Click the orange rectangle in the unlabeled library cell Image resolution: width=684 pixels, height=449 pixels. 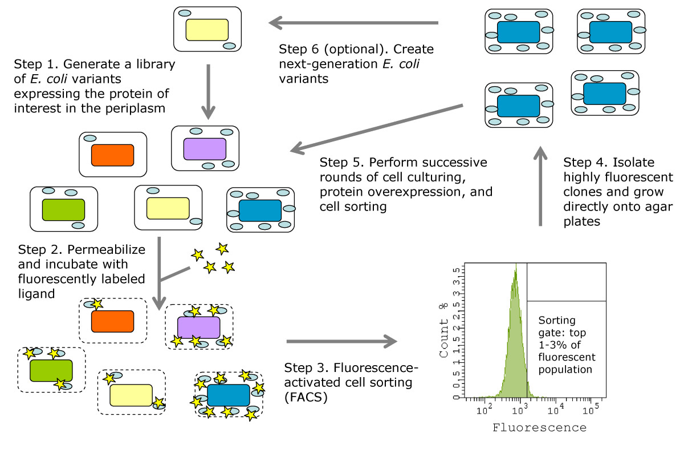tap(112, 155)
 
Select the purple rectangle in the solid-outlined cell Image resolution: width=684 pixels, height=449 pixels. tap(205, 148)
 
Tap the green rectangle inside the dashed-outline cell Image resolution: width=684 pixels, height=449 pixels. tap(51, 370)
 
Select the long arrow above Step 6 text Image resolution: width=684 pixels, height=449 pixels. tap(353, 23)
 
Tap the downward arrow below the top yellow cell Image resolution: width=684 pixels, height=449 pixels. tap(207, 89)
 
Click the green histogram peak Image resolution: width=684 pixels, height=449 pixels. tap(515, 274)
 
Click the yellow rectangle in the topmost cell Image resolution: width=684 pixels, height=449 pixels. tap(207, 30)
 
